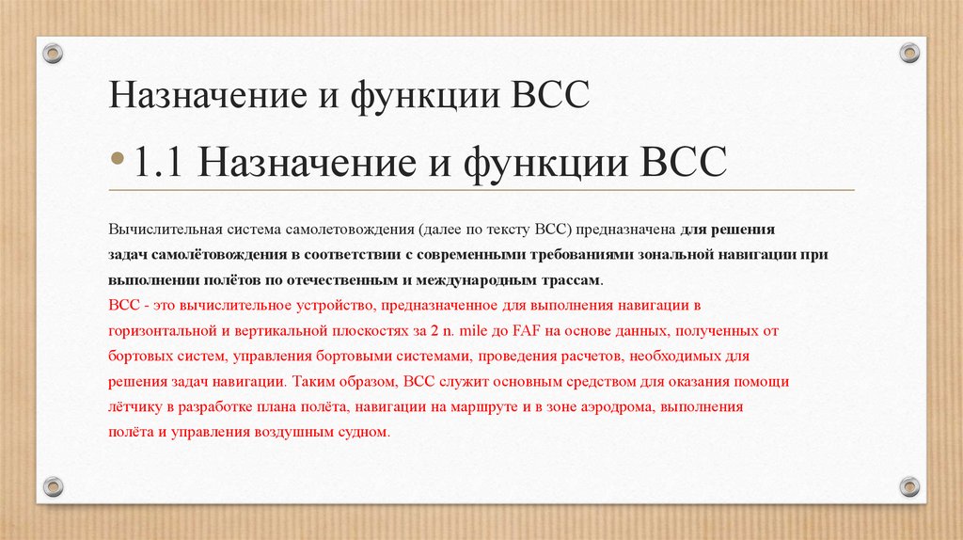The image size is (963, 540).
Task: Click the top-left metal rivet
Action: (53, 51)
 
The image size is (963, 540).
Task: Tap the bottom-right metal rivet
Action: (908, 486)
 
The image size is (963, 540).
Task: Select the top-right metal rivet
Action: (908, 52)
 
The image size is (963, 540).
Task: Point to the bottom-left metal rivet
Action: (53, 486)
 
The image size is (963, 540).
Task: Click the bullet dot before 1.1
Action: (118, 162)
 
